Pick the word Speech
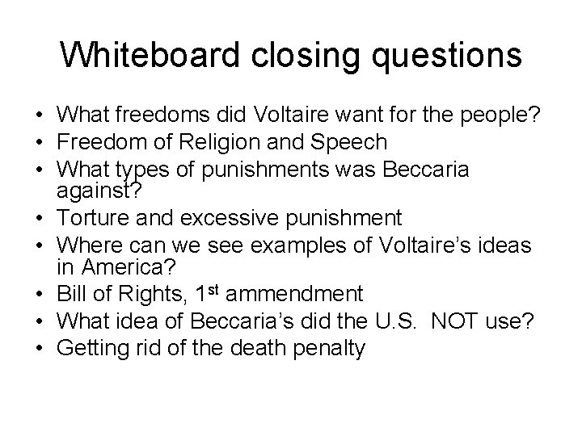352,143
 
